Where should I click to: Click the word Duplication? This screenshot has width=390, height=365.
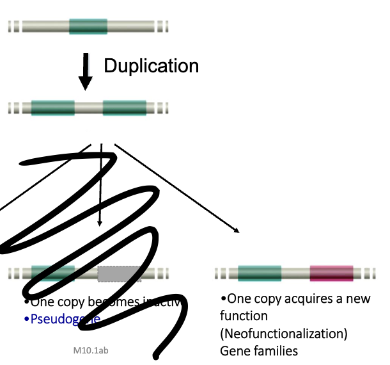click(151, 66)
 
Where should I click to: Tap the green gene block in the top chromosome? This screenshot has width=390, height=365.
click(88, 26)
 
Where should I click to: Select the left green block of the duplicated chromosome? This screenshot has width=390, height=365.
click(52, 108)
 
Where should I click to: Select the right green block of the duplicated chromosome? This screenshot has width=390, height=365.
click(124, 108)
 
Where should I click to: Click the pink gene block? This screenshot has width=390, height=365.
click(331, 273)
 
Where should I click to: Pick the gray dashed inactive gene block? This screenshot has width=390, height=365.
click(120, 273)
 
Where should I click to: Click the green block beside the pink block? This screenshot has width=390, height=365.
click(259, 273)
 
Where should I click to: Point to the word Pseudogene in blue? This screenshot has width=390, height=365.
click(64, 318)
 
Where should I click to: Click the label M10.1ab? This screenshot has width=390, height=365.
click(94, 351)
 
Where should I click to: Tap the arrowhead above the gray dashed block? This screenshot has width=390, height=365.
click(99, 223)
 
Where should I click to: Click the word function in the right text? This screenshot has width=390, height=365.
click(244, 316)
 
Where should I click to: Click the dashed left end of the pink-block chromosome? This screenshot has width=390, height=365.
click(221, 273)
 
